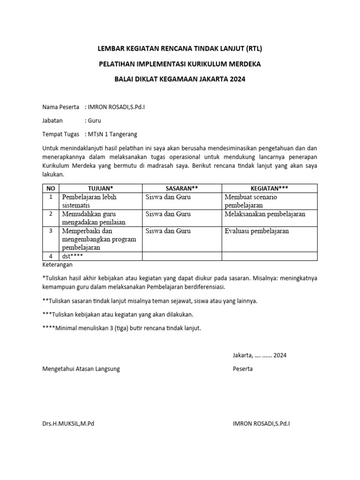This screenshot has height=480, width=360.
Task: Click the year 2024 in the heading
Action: (x=237, y=79)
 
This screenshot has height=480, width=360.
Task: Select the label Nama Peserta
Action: (x=61, y=107)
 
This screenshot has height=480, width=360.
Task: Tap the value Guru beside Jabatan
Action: (x=95, y=120)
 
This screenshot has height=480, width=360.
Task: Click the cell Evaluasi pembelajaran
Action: (x=256, y=231)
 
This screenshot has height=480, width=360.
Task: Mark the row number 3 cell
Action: (x=51, y=231)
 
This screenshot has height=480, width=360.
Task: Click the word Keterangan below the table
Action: (x=58, y=264)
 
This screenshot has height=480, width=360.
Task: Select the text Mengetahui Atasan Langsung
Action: (x=81, y=369)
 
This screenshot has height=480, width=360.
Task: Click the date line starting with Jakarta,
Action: (x=259, y=355)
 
